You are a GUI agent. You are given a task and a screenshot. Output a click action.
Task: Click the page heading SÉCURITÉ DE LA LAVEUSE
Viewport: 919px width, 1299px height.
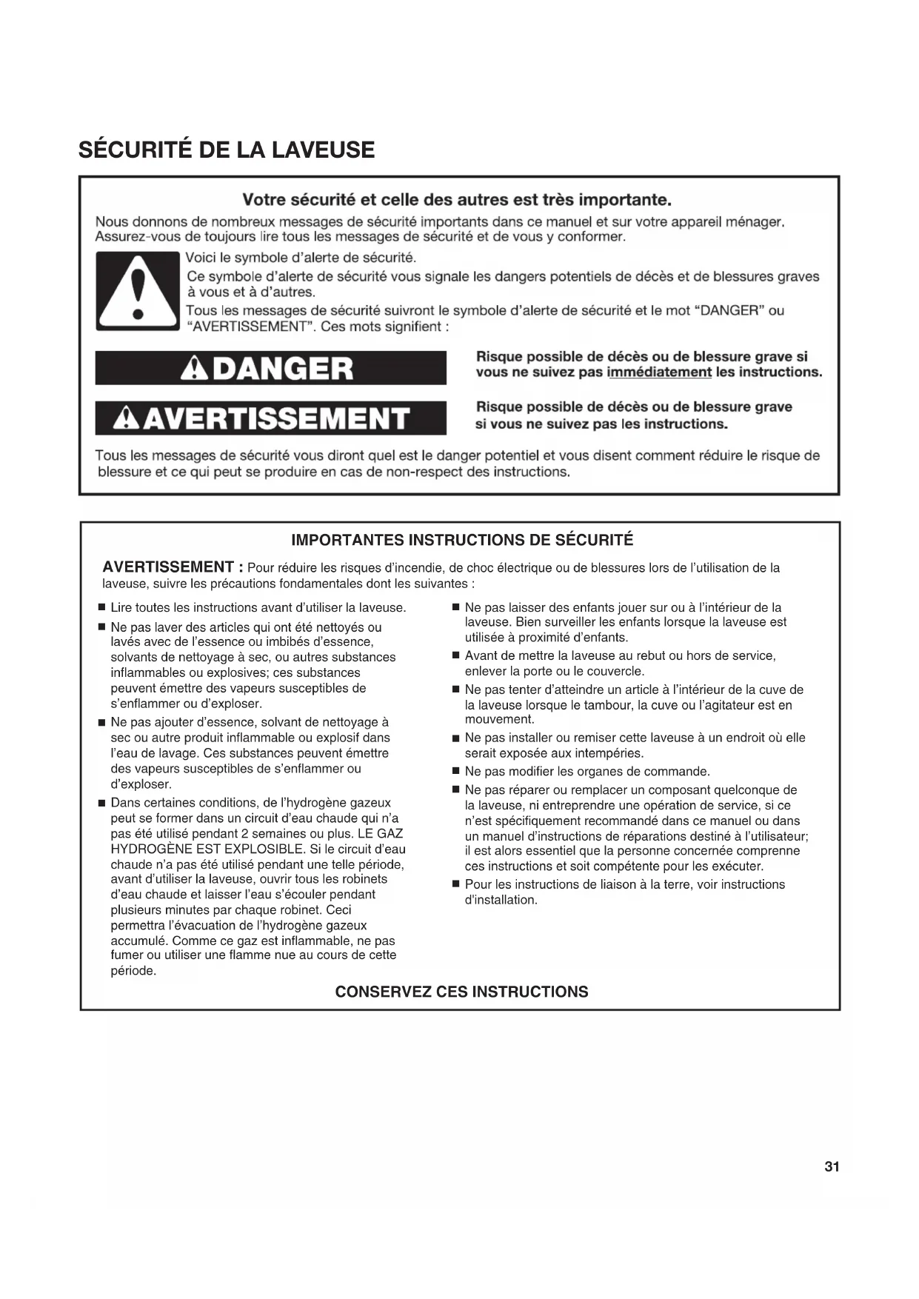pos(227,150)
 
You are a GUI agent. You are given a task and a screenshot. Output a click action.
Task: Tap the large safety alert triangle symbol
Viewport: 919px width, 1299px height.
pos(137,291)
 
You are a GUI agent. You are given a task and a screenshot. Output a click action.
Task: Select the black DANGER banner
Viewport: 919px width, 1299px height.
pos(270,368)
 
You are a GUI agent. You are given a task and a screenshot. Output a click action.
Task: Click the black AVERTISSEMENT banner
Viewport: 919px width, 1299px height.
pos(270,418)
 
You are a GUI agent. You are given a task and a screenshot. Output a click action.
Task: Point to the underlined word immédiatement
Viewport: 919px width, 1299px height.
pos(659,373)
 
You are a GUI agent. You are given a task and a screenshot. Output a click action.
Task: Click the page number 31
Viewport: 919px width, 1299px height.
pos(832,1166)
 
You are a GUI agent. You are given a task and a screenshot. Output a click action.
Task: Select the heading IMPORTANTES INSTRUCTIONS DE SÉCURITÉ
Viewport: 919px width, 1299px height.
pos(462,540)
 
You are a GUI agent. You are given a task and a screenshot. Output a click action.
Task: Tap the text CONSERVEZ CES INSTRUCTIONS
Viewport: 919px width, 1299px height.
pos(461,992)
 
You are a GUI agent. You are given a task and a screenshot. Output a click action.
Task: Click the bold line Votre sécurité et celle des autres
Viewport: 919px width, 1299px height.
pos(457,200)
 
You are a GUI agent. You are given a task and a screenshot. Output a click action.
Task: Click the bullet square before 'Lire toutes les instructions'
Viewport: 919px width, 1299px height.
pos(101,608)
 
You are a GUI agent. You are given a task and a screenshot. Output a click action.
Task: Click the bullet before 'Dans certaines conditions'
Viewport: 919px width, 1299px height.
pos(101,803)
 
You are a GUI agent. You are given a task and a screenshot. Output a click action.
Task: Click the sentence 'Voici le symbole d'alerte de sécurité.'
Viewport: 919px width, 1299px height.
pos(301,258)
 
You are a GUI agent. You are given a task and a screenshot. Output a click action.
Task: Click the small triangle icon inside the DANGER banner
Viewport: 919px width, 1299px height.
pos(195,369)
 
